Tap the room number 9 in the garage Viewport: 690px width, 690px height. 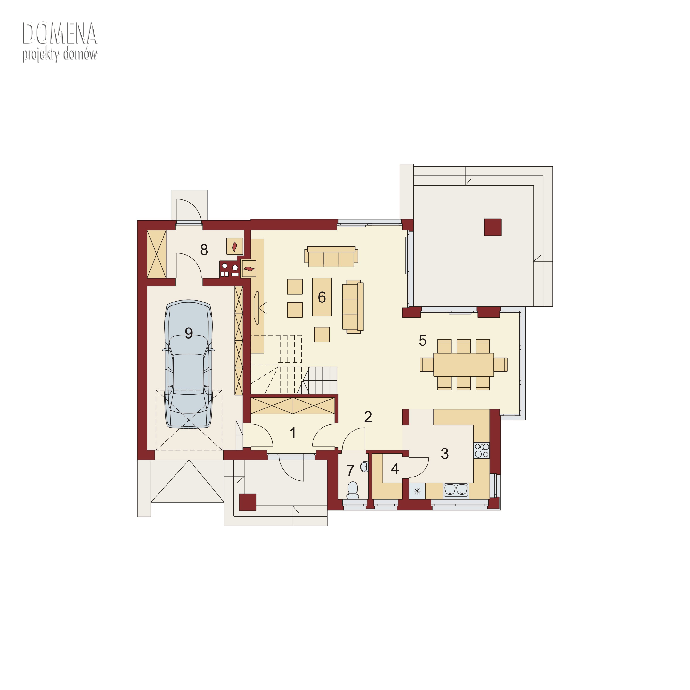[189, 333]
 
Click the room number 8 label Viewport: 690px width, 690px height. [204, 250]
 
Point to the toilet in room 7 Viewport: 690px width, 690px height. [353, 490]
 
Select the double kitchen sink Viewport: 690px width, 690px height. [456, 490]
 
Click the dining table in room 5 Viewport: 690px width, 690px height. [464, 365]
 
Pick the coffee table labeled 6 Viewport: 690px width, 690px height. [322, 297]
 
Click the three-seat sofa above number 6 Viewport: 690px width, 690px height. [331, 256]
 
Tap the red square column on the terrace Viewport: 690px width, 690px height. [493, 227]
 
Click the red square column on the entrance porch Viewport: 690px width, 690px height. [247, 502]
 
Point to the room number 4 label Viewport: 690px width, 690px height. [395, 469]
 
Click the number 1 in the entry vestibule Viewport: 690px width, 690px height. [293, 433]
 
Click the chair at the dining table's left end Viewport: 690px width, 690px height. [427, 365]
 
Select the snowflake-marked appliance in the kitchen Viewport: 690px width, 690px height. [417, 491]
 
